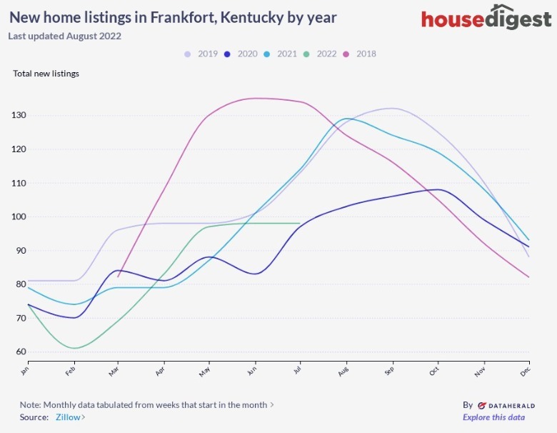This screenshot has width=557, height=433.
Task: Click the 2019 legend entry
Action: (x=202, y=54)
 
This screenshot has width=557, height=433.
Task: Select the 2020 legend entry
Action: (x=241, y=54)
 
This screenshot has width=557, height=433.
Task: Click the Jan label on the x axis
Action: (x=26, y=370)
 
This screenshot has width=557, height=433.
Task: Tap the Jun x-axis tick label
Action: (x=252, y=370)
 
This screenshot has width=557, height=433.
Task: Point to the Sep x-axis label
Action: (x=389, y=370)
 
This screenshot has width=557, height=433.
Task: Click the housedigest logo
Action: (x=486, y=19)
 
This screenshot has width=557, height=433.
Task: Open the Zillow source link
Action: (x=70, y=417)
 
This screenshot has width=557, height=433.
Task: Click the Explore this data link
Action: (x=493, y=417)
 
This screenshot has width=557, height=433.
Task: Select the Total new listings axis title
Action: (x=46, y=74)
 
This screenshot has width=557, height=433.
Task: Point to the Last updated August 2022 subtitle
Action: (x=65, y=36)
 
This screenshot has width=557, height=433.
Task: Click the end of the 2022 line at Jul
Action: (x=299, y=223)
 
